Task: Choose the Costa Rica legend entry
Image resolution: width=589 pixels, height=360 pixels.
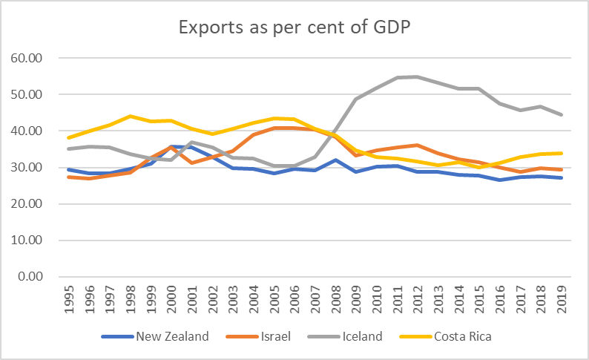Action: pyautogui.click(x=460, y=336)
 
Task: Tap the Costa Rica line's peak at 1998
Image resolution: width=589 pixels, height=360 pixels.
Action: pyautogui.click(x=131, y=116)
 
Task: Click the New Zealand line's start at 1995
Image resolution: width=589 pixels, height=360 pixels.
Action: pyautogui.click(x=70, y=169)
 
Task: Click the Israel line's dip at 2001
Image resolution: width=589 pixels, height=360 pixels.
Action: pyautogui.click(x=192, y=163)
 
